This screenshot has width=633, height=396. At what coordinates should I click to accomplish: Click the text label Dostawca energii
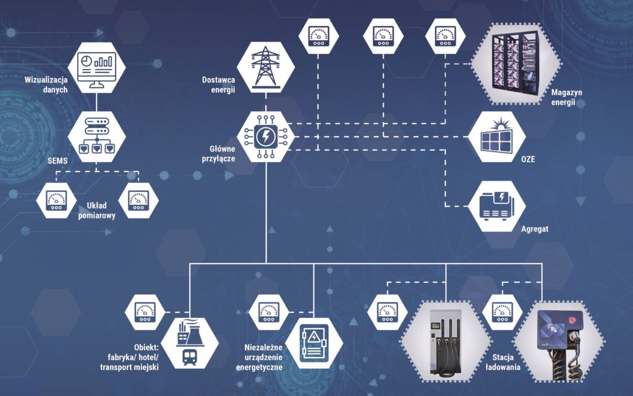coord(219,84)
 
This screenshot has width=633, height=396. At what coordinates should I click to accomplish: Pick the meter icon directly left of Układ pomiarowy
coord(56,199)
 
